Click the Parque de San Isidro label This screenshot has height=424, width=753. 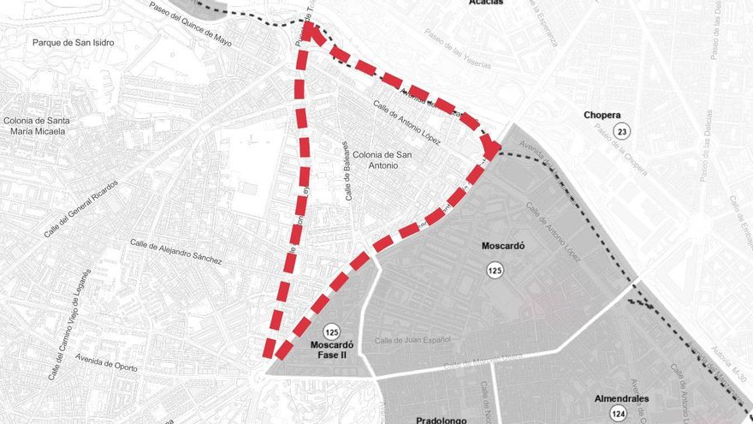(73, 42)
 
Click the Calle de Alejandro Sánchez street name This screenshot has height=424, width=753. (175, 250)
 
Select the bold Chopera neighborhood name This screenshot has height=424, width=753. (602, 115)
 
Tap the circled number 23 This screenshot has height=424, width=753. (622, 131)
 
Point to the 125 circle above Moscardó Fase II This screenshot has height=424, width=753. (332, 331)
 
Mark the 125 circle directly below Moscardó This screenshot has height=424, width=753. (495, 271)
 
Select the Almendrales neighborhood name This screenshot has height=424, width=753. (621, 398)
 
